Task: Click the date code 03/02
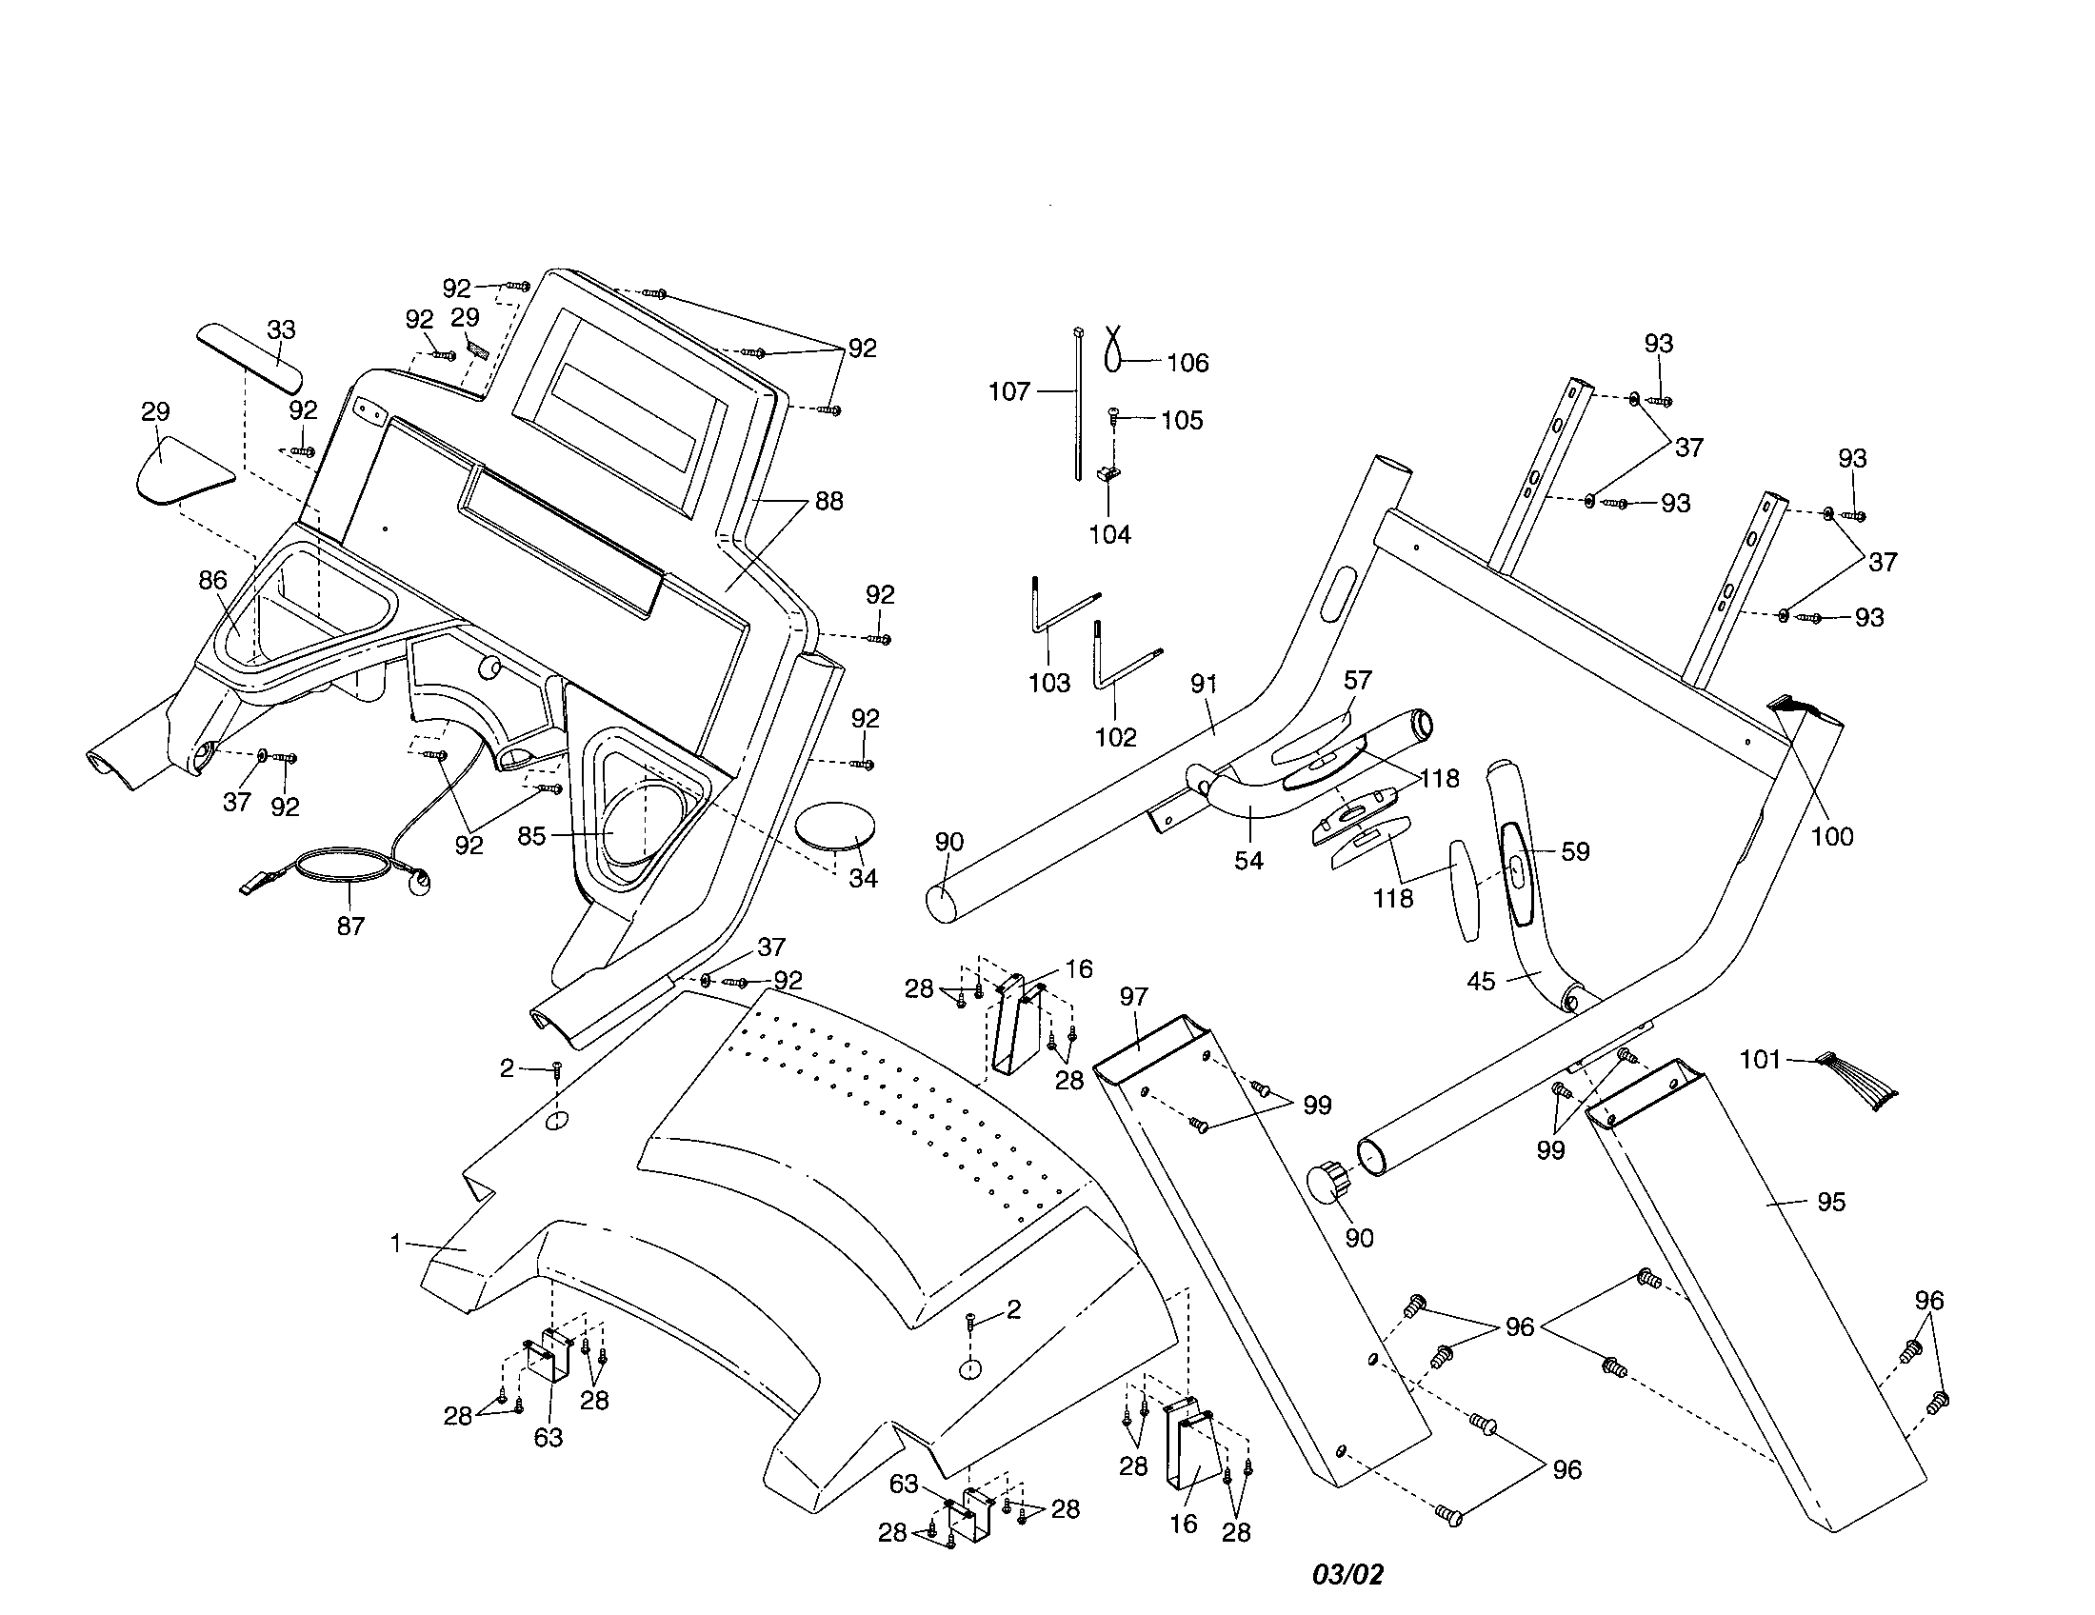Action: [1348, 1575]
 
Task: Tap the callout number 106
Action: [1187, 363]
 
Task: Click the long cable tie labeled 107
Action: [1078, 403]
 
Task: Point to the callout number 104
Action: [1109, 535]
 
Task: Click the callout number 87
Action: [351, 927]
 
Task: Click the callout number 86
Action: [213, 580]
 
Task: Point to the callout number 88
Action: [828, 501]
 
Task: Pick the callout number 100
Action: [1831, 836]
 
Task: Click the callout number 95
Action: [1830, 1202]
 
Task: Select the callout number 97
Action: [1133, 996]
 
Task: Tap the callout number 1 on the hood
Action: [395, 1244]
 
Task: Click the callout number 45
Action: [1481, 982]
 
